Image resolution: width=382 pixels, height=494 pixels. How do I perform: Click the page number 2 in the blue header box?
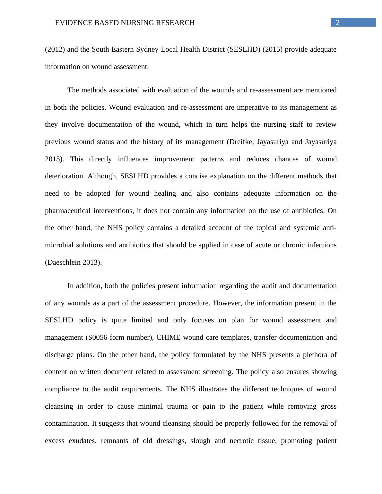(338, 22)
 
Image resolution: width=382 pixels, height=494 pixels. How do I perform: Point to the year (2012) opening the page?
(55, 49)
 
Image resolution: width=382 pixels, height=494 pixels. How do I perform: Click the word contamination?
(67, 423)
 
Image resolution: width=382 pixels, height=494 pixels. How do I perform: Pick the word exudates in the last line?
(82, 441)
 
